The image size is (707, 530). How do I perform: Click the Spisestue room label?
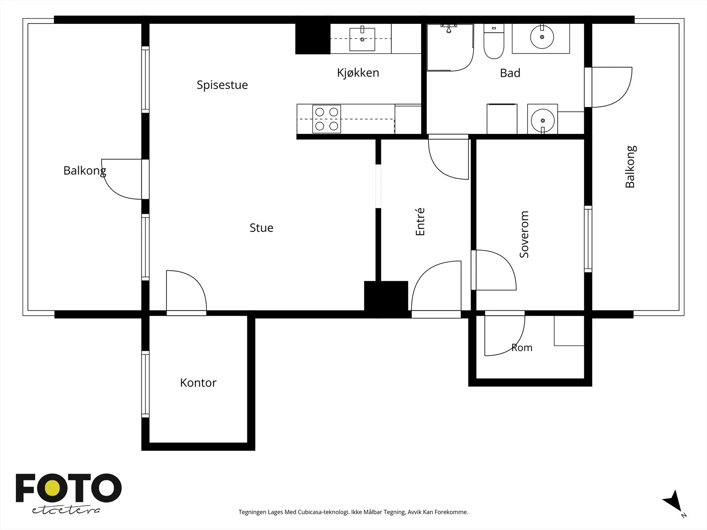(222, 85)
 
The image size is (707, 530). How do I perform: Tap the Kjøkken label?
(358, 73)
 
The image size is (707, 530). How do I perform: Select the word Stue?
(261, 228)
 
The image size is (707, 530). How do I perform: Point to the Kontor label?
(198, 382)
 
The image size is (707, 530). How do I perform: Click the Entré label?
(420, 222)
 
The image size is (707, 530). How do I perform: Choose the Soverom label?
(524, 234)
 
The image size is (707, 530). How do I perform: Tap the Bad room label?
(510, 73)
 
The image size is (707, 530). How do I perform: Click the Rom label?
(522, 348)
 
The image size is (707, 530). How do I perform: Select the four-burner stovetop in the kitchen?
(327, 119)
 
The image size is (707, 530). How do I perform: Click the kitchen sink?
(362, 38)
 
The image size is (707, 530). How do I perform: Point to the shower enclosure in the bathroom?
(450, 47)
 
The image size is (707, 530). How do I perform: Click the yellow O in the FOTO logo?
(53, 488)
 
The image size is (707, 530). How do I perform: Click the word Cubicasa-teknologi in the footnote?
(324, 512)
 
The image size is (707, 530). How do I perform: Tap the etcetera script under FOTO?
(66, 510)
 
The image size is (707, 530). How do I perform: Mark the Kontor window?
(145, 384)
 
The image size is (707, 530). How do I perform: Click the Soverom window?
(588, 239)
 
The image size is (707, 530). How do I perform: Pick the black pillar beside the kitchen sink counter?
(313, 39)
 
